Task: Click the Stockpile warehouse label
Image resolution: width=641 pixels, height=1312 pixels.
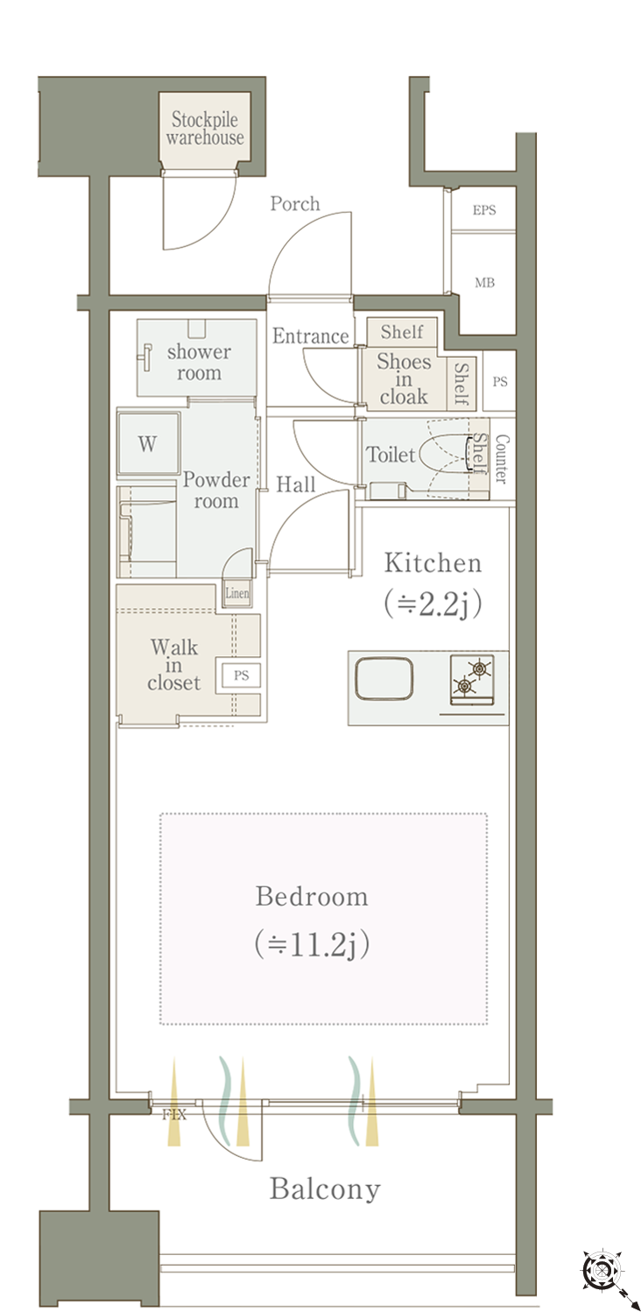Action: pos(204,128)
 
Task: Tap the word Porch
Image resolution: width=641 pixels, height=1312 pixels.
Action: pos(295,204)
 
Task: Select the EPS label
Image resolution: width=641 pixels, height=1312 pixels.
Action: pos(484,210)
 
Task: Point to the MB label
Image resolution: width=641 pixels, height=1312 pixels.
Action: pos(484,283)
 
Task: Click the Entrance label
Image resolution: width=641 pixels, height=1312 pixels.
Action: pos(310,336)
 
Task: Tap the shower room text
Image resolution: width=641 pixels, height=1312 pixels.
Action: pos(199,363)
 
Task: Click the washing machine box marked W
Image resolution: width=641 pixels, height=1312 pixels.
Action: pos(148,443)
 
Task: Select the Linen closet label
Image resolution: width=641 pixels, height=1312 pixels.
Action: pos(237,593)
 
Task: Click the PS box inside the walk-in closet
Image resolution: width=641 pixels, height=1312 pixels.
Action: pos(241,675)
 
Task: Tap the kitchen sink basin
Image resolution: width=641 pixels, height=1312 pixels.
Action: pos(384,679)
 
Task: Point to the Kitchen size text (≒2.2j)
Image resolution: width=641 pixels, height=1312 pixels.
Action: pos(433,604)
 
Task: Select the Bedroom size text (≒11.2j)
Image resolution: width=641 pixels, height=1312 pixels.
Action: pos(312,943)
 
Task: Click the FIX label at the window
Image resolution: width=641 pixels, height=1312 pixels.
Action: pos(174,1114)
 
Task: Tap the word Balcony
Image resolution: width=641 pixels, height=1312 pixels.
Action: pos(325,1189)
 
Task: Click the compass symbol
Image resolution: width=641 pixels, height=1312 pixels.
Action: pos(602,1269)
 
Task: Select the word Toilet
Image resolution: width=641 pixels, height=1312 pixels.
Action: pos(391,455)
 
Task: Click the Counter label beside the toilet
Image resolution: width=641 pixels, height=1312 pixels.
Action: pos(502,459)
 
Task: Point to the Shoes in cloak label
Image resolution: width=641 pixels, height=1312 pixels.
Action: pos(404,379)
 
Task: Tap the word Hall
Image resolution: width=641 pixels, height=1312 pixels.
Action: pos(296,484)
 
